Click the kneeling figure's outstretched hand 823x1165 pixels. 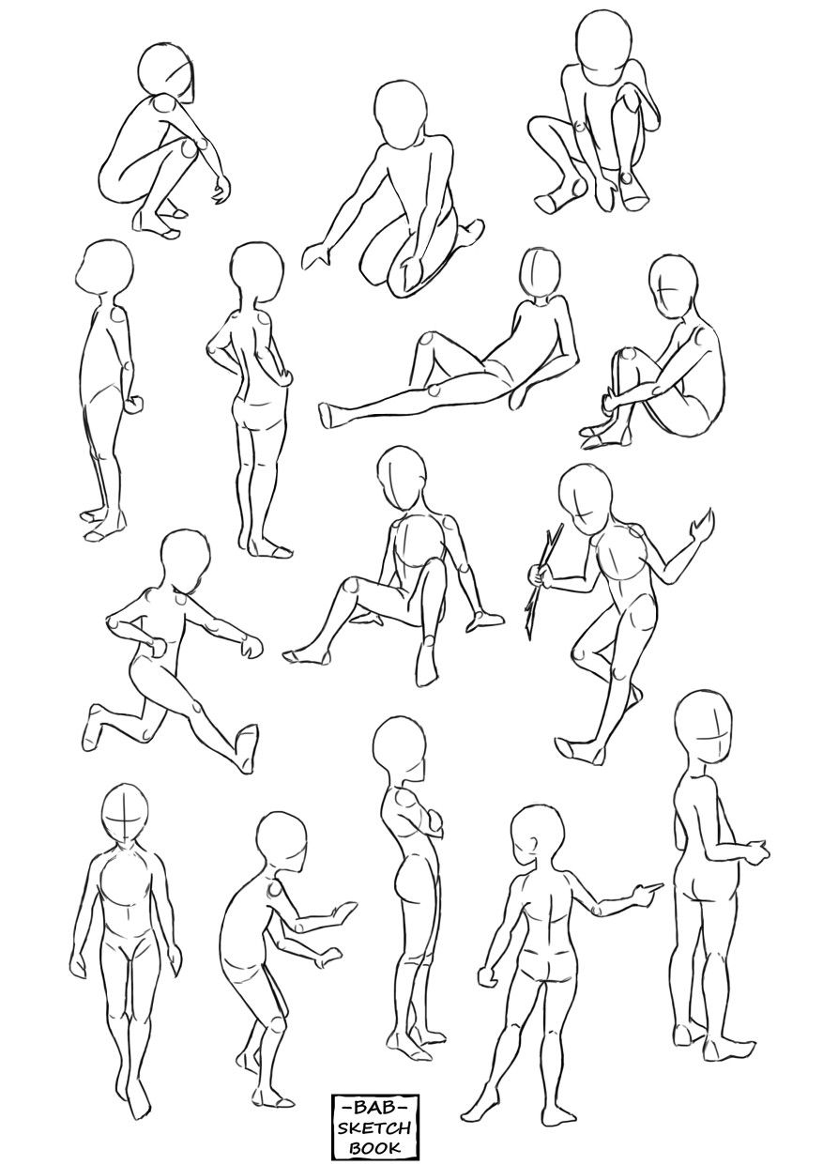(x=319, y=253)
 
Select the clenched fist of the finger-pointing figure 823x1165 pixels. (x=487, y=976)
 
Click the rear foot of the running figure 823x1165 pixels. (x=95, y=726)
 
